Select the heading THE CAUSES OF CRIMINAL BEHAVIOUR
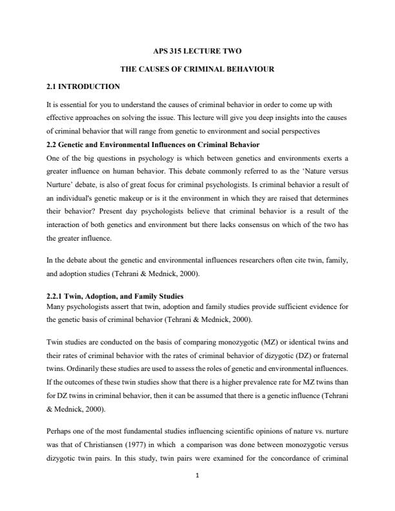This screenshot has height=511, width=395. pos(197,68)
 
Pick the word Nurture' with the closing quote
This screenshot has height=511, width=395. pos(60,185)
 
